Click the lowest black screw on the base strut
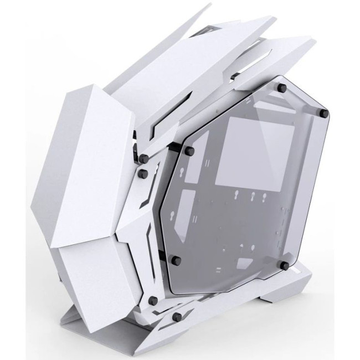pos(176,316)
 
